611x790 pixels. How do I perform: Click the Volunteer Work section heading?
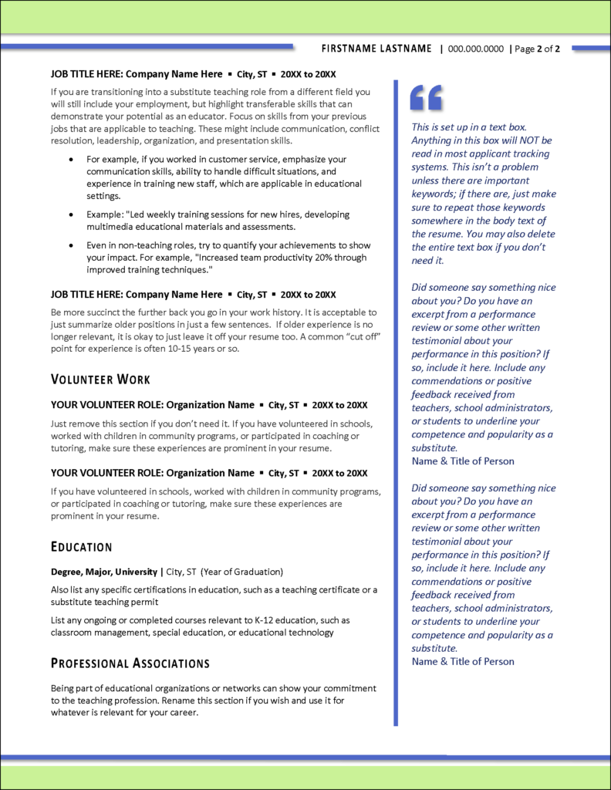tap(100, 380)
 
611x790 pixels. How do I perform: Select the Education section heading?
tap(81, 547)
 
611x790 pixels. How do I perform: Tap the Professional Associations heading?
tap(130, 663)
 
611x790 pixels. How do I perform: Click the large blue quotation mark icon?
tap(426, 97)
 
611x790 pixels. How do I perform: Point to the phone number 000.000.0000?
tap(475, 49)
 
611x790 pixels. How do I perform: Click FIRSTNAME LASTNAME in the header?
tap(376, 49)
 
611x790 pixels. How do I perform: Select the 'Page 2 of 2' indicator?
tap(537, 49)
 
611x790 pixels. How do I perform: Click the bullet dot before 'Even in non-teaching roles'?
tap(71, 245)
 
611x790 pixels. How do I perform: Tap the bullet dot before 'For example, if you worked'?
tap(71, 159)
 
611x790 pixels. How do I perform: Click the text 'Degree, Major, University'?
tap(103, 572)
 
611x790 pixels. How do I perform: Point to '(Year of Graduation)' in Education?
tap(241, 572)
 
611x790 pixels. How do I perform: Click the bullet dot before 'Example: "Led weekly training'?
tap(71, 214)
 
